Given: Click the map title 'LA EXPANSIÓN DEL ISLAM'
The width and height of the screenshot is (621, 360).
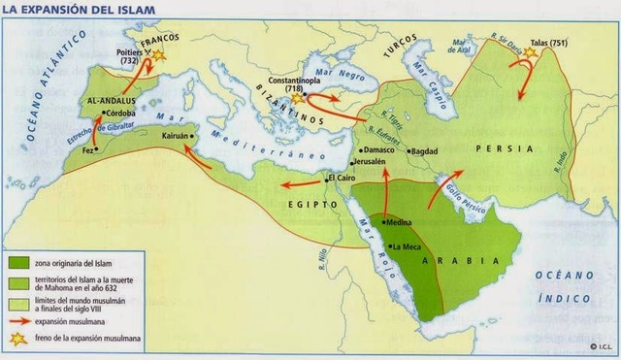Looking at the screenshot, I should click(72, 9).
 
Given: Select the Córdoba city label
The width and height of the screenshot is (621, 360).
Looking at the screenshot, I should click(117, 114).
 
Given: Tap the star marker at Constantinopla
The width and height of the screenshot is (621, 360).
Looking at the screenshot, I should click(298, 98).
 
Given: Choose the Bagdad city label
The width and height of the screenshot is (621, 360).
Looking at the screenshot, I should click(430, 152).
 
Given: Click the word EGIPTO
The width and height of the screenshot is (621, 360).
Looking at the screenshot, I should click(308, 204).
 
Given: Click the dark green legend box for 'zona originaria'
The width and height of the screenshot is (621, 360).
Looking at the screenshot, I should click(17, 263).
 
